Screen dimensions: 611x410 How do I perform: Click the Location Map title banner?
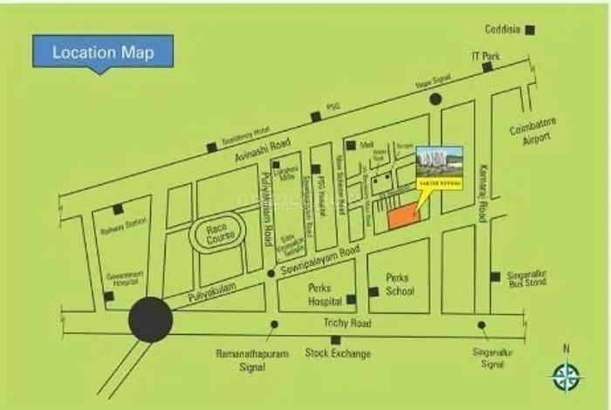102,52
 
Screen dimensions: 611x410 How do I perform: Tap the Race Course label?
216,235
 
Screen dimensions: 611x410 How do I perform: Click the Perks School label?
400,284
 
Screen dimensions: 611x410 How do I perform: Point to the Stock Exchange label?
338,353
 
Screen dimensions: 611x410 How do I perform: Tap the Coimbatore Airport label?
532,132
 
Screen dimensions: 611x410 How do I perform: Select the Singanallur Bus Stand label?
526,279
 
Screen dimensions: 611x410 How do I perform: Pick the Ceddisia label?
504,29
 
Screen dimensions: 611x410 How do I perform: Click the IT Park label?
485,57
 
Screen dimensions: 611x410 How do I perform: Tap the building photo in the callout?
439,160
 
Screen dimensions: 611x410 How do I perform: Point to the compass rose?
566,376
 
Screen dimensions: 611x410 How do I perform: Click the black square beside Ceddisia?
530,29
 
